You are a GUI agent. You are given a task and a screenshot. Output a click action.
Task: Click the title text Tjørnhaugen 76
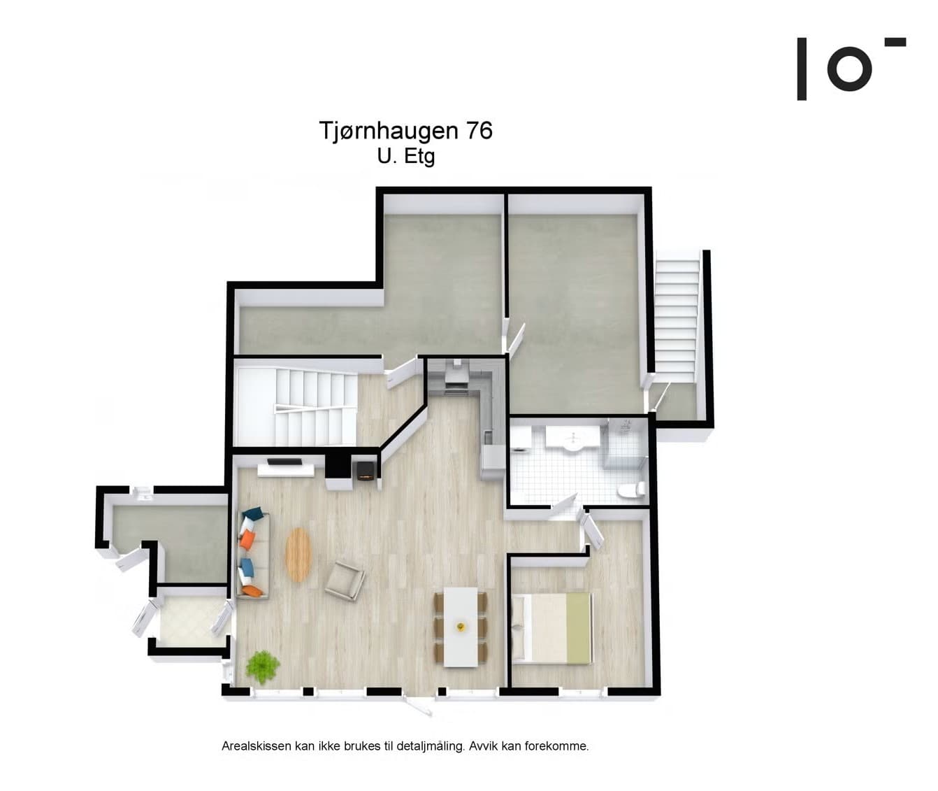pyautogui.click(x=405, y=131)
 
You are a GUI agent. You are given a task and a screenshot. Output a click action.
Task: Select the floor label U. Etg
pyautogui.click(x=405, y=156)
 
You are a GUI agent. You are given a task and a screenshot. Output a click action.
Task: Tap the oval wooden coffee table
pyautogui.click(x=298, y=555)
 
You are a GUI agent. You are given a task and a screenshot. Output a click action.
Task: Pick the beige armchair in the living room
pyautogui.click(x=345, y=580)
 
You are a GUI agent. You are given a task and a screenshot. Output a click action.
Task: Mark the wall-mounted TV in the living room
pyautogui.click(x=286, y=462)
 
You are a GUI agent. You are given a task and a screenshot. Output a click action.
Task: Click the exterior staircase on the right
pyautogui.click(x=677, y=315)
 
